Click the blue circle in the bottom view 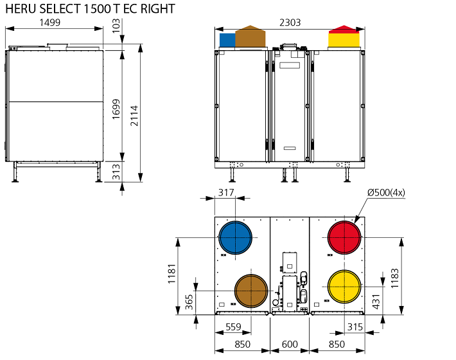[236, 238]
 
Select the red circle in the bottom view [344, 238]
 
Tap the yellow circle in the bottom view [344, 287]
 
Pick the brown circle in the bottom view [250, 291]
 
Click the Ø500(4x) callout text [385, 193]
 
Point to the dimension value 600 [290, 345]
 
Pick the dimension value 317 [225, 192]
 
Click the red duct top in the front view [344, 29]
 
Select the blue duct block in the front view [227, 40]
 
